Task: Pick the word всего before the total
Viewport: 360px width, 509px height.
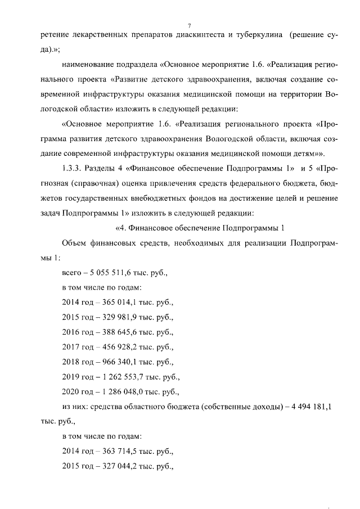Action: click(71, 273)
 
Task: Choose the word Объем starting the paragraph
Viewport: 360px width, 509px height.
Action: click(75, 242)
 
